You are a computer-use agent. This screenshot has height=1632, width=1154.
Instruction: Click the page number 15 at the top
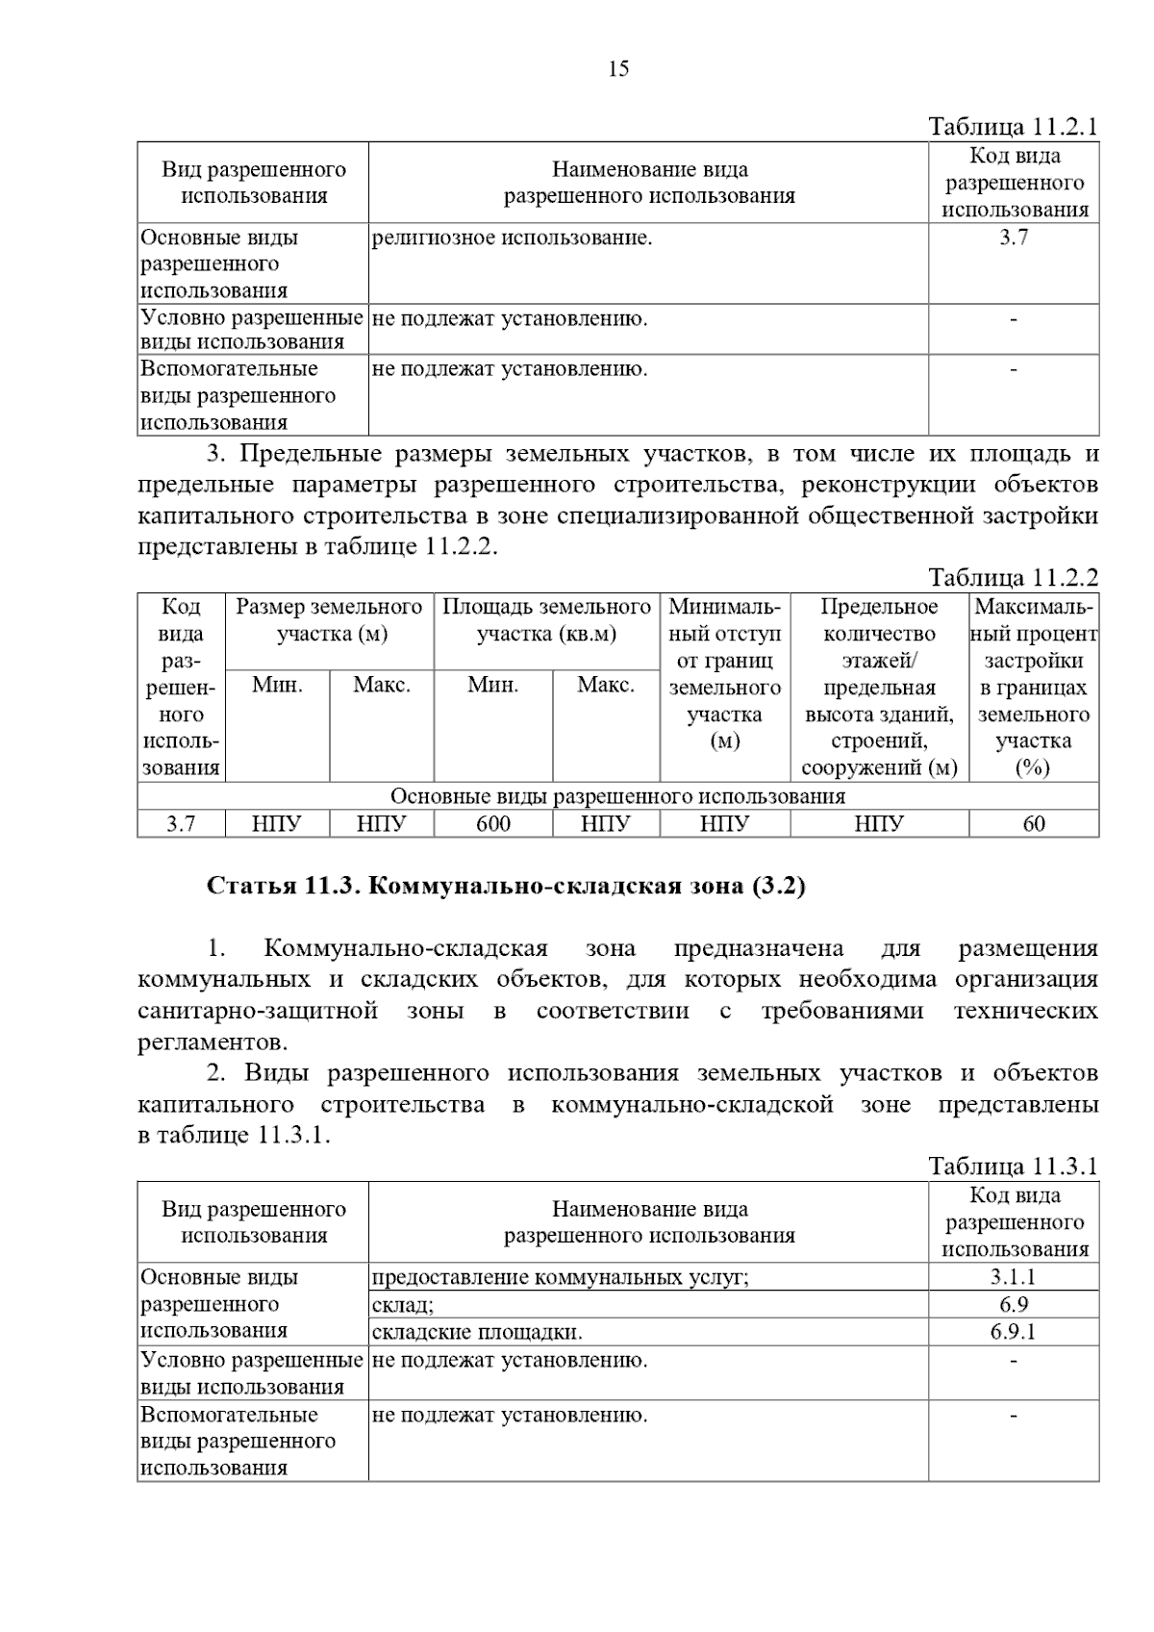(618, 68)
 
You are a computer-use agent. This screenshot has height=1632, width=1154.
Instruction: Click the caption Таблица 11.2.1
(1013, 127)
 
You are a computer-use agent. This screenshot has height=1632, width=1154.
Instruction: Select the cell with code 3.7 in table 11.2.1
(1014, 238)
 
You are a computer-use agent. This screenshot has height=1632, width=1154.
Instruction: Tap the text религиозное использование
(512, 238)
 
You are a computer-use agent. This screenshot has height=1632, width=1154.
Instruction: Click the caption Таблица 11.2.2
(1013, 577)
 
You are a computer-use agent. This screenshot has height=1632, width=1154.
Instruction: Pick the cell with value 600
(493, 824)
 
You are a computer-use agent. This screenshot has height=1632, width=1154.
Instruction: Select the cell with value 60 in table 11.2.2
(1034, 824)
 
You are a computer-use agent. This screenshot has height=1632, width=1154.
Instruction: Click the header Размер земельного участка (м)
(330, 620)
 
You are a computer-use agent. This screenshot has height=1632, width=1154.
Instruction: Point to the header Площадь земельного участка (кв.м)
(546, 620)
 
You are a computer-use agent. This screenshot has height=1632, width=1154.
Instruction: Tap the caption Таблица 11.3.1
(1013, 1167)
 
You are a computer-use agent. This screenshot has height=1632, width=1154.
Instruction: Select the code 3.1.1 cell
(1014, 1277)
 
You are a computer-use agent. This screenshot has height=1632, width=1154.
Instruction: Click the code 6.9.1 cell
(1014, 1332)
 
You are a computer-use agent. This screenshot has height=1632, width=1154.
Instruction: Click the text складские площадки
(477, 1332)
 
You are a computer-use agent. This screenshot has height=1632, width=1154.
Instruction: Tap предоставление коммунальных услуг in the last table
(560, 1277)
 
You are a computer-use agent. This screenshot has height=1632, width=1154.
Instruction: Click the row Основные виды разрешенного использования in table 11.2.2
(617, 796)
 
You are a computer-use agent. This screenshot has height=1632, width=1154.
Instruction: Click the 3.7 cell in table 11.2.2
(181, 824)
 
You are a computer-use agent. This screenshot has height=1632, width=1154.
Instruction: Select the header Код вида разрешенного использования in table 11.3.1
(1014, 1222)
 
